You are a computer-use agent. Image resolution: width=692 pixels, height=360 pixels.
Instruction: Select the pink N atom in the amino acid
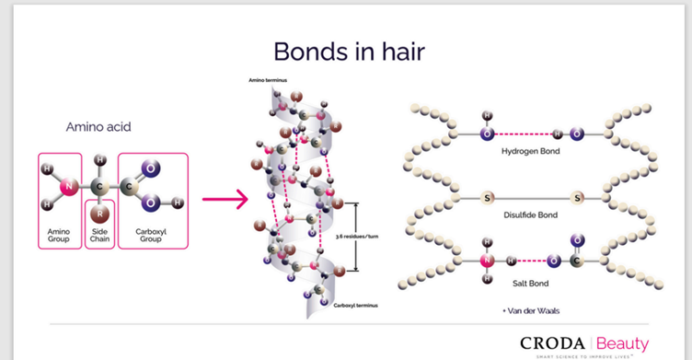66,190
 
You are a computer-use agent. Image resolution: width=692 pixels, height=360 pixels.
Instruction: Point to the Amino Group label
59,235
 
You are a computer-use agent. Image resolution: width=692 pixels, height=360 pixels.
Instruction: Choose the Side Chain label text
100,235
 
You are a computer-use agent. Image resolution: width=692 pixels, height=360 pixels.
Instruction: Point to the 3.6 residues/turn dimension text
363,235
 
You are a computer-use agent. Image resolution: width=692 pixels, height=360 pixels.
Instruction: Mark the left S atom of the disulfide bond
485,198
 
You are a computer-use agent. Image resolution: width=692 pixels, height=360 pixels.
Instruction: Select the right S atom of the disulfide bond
578,198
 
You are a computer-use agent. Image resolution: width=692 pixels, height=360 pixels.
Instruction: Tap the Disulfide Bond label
530,215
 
